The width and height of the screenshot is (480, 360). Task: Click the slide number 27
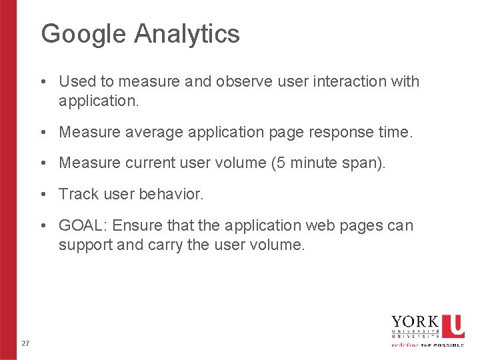(x=25, y=343)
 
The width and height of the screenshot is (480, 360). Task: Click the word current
(x=161, y=163)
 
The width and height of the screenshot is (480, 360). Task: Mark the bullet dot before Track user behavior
(x=42, y=195)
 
